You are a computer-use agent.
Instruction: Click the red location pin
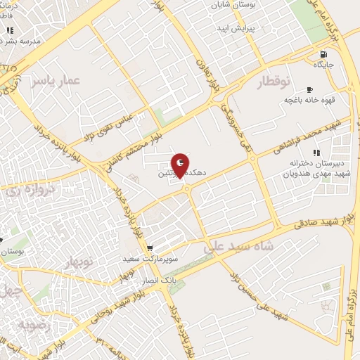[x=180, y=165]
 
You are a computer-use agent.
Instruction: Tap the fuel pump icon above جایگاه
[x=323, y=55]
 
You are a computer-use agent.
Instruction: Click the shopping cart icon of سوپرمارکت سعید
[x=150, y=248]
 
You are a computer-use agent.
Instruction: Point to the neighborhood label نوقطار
[x=274, y=83]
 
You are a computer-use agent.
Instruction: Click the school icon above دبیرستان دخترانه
[x=317, y=153]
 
